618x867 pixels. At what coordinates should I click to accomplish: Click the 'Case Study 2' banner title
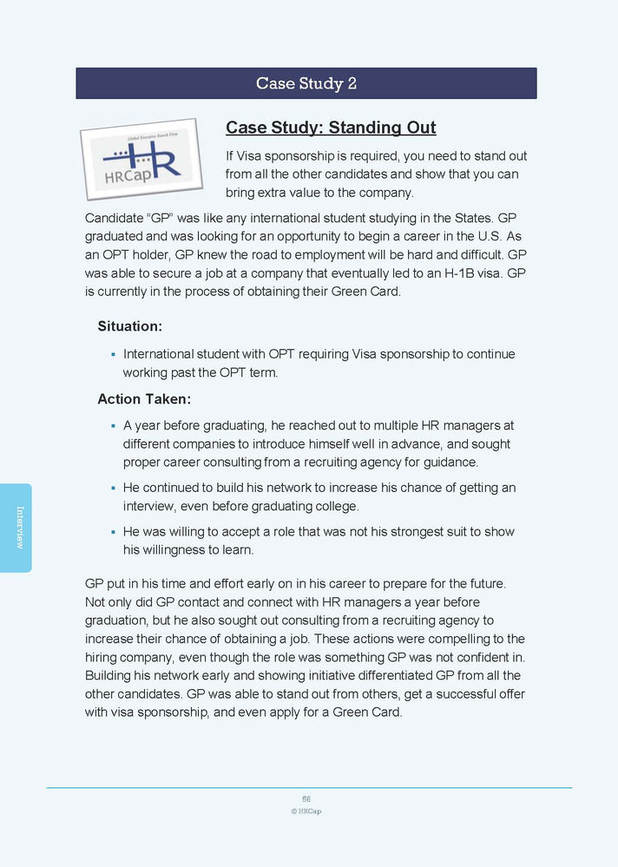306,83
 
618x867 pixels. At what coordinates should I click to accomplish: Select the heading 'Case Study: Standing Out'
331,128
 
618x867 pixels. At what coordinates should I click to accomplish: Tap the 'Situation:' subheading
129,326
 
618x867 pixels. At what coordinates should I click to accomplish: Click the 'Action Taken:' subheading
144,399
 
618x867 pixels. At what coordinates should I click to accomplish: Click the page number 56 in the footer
306,798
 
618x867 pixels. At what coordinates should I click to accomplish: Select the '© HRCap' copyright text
306,811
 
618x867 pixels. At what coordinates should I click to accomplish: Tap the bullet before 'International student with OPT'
114,355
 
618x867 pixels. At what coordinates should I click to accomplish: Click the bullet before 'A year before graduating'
114,426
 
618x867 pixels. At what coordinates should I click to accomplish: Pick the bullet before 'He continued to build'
114,489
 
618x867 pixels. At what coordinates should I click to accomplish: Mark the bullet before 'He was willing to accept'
114,532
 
